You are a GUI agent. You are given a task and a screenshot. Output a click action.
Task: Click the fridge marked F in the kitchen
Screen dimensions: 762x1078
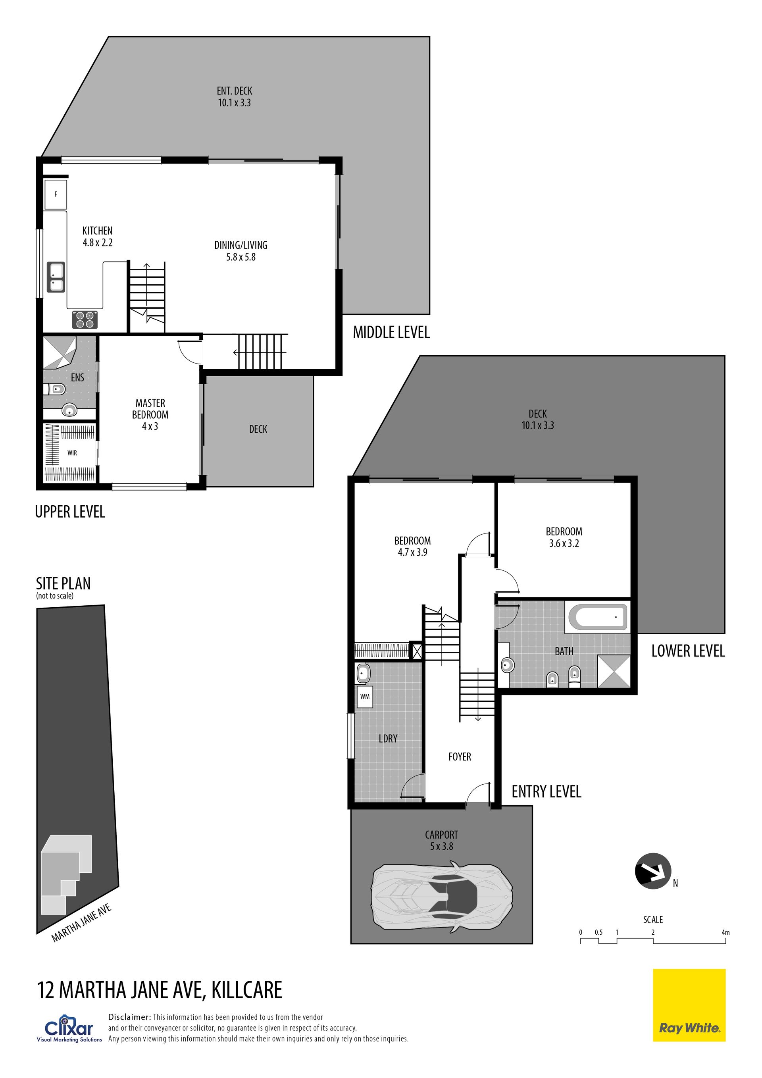(56, 194)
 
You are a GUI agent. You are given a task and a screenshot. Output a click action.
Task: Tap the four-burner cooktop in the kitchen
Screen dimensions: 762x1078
(85, 320)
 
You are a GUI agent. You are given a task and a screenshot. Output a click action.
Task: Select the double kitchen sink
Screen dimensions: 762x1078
(56, 277)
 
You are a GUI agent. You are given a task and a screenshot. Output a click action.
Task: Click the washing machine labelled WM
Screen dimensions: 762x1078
(365, 697)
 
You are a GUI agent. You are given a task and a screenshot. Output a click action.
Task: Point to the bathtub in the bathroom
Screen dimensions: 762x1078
(598, 618)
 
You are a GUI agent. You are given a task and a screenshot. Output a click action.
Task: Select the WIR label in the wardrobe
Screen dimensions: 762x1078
(72, 453)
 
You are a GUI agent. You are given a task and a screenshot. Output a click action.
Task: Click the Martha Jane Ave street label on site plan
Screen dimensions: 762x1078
(81, 923)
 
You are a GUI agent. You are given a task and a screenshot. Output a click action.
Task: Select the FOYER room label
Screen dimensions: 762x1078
(460, 757)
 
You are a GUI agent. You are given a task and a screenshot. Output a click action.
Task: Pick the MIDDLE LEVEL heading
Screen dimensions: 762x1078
(392, 333)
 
